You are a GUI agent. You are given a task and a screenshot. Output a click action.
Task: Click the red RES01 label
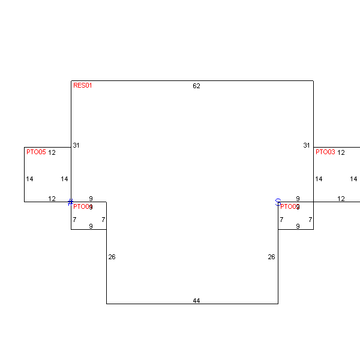[83, 85]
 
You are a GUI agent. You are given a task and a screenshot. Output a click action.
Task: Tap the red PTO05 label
[36, 152]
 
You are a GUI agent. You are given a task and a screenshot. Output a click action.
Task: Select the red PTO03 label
[325, 152]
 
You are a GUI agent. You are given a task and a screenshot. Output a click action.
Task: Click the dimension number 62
[196, 86]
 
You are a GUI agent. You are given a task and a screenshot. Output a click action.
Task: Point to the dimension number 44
[196, 301]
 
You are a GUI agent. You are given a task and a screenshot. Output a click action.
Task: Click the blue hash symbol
[70, 202]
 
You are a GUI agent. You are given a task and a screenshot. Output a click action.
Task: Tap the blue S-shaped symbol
[278, 202]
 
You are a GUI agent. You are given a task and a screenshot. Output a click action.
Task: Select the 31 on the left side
[76, 145]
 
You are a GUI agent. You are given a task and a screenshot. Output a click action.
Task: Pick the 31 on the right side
[307, 145]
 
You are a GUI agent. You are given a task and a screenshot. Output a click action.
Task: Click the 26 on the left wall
[112, 257]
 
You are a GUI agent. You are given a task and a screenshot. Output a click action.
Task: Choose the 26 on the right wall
[271, 257]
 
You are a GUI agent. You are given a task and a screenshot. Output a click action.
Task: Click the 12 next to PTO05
[52, 152]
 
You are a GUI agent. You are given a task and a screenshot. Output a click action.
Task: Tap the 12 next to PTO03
[341, 152]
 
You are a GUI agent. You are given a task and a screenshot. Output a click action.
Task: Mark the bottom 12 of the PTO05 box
[52, 199]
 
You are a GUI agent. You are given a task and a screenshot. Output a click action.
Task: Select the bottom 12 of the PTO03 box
[341, 199]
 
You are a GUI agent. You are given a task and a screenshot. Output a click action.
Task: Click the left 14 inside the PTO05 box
[29, 179]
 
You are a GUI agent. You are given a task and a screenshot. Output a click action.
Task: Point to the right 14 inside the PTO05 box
[65, 179]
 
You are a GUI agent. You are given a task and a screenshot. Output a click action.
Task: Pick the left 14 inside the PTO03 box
[319, 179]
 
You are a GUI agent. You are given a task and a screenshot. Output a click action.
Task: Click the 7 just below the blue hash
[74, 220]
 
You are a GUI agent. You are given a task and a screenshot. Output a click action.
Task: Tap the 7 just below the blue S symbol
[281, 220]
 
